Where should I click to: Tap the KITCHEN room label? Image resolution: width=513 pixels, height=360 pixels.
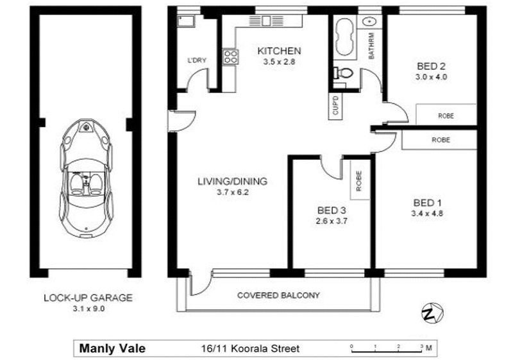(x=278, y=51)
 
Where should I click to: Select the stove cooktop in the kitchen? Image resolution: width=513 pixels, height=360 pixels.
(x=230, y=56)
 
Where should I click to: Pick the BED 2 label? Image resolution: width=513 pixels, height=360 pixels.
(x=430, y=65)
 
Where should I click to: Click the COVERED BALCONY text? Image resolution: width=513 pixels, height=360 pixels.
(x=278, y=296)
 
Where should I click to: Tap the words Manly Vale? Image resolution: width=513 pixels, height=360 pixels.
(x=112, y=349)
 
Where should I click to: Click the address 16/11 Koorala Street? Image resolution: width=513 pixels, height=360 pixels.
(x=246, y=349)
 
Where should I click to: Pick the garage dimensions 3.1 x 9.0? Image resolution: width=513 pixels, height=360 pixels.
(x=87, y=309)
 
